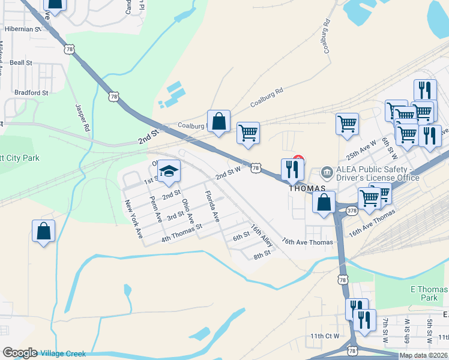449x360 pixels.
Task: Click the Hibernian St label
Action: (x=20, y=29)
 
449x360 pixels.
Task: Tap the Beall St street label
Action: (x=20, y=62)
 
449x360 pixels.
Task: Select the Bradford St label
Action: (x=31, y=93)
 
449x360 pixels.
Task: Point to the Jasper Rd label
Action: (x=82, y=117)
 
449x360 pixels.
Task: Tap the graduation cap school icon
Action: (x=169, y=173)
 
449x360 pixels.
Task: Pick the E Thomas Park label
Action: (x=429, y=293)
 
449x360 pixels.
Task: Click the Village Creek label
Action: (x=62, y=353)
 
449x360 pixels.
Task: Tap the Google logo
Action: (x=20, y=353)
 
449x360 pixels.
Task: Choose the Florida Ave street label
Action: (x=211, y=206)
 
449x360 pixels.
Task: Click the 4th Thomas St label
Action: (x=182, y=233)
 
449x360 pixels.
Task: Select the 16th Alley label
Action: (x=262, y=235)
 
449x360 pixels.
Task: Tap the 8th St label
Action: (x=262, y=254)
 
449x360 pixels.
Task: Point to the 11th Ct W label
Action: (x=325, y=336)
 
